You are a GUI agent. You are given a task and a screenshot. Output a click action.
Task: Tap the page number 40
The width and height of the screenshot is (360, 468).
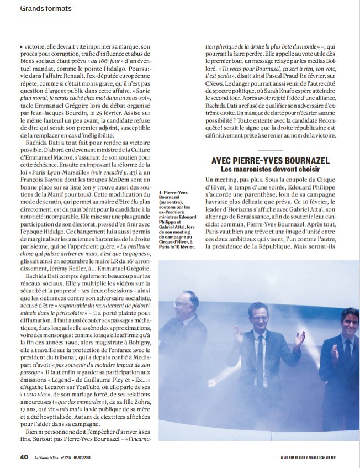click(x=24, y=457)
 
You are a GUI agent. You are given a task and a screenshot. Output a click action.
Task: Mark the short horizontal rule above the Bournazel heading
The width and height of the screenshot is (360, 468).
click(x=270, y=149)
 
